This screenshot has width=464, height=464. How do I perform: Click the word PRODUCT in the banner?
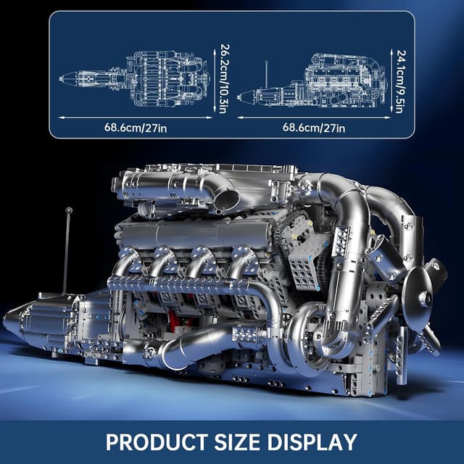click(157, 442)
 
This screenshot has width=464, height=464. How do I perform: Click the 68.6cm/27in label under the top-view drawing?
click(136, 128)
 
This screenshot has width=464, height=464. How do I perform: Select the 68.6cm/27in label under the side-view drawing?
click(314, 128)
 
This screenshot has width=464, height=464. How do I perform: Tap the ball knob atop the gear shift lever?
click(69, 210)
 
